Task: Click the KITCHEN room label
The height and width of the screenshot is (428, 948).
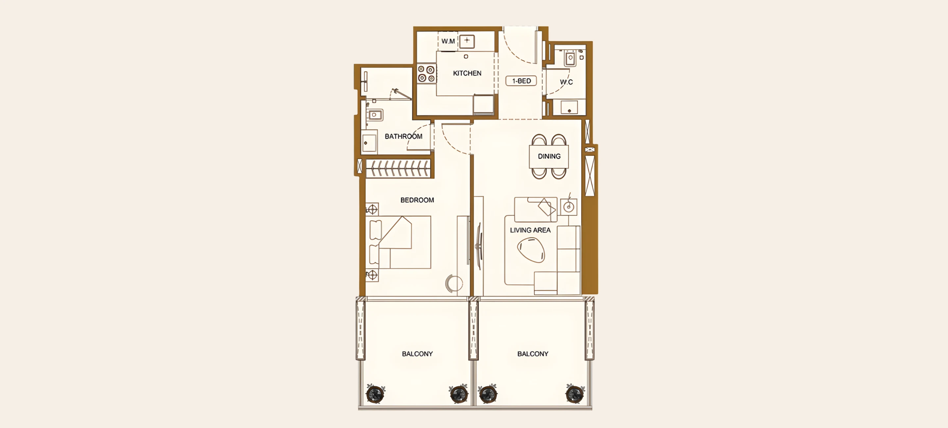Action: tap(467, 73)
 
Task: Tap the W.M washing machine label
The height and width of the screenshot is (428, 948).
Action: tap(448, 41)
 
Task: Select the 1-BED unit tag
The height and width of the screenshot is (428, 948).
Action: tap(521, 81)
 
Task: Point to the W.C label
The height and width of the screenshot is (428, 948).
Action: tap(566, 82)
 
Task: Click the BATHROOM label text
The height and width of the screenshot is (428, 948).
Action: tap(403, 137)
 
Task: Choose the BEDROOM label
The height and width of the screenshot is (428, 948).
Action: tap(417, 200)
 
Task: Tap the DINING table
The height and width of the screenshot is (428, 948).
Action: tap(549, 156)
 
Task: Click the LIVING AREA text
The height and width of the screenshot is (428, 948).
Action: tap(530, 230)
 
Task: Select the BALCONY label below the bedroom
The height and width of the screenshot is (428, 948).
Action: tap(417, 354)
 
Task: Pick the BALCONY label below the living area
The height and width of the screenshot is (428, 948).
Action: tap(533, 354)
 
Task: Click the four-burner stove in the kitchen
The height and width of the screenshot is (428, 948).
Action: tap(427, 74)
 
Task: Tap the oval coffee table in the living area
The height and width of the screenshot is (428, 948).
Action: tap(531, 250)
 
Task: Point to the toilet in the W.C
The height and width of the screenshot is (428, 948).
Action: tap(570, 58)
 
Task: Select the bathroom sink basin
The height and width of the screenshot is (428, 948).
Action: tap(374, 115)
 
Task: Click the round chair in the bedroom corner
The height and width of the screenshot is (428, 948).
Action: tap(454, 283)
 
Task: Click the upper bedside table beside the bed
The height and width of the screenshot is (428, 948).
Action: tap(372, 209)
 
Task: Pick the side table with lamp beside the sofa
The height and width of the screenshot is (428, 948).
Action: tap(568, 207)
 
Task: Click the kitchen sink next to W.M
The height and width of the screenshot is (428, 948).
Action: tap(467, 41)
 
